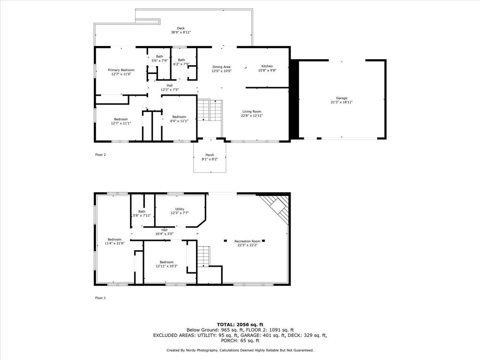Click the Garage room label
[341, 98]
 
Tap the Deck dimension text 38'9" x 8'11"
[180, 32]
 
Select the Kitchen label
[267, 66]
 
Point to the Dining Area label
[221, 67]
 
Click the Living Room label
[252, 111]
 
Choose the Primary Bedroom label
[118, 70]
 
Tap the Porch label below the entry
[210, 155]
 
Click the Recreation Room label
[247, 241]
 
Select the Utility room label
[180, 209]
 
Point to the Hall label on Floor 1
[164, 230]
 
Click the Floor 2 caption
[100, 154]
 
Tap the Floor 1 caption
[100, 298]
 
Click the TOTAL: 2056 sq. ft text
[240, 324]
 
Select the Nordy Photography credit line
[240, 350]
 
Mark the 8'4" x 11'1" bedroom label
[179, 117]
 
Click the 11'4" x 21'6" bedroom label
[114, 239]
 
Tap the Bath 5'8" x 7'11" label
[142, 211]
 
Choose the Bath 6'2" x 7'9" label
[181, 60]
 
